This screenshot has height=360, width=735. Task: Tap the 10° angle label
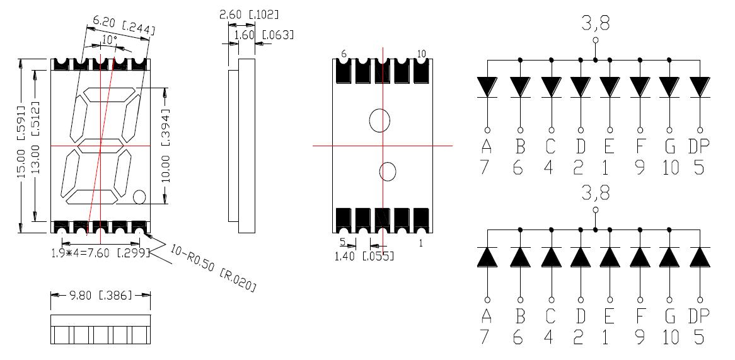(x=109, y=40)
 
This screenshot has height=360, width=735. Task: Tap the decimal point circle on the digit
(x=140, y=197)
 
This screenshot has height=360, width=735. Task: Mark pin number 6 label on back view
(x=344, y=54)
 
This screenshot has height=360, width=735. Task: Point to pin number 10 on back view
(x=422, y=54)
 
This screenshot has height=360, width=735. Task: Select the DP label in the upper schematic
(x=698, y=146)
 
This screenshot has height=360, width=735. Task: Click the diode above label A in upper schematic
(x=487, y=86)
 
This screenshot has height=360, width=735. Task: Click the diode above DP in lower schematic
(x=699, y=257)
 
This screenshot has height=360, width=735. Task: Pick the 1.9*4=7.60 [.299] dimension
(x=100, y=253)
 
